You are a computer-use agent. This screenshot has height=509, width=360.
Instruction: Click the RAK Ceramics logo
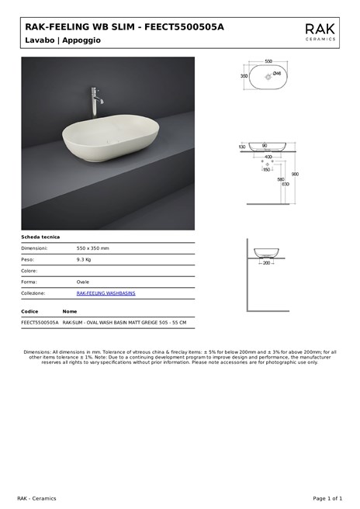pos(320,32)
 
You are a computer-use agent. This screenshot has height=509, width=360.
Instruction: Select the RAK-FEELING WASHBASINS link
pos(106,293)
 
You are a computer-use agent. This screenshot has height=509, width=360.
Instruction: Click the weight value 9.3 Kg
pos(84,259)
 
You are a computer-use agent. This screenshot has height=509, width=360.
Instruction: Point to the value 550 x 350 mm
pos(92,248)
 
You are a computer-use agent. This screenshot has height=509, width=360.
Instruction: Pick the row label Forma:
pos(29,282)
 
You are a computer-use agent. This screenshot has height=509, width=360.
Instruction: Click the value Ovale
pos(82,282)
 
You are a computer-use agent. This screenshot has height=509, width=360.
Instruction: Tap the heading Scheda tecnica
pos(40,237)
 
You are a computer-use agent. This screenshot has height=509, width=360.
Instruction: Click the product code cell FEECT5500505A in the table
pos(40,321)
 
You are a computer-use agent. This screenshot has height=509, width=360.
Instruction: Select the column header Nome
pos(70,311)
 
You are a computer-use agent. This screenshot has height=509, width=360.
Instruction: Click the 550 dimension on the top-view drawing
pos(268,61)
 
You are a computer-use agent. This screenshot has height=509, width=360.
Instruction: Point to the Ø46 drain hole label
pos(277,73)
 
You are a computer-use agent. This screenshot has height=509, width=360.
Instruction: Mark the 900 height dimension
pos(295,174)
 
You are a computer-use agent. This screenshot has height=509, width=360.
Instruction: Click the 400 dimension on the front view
pos(268,157)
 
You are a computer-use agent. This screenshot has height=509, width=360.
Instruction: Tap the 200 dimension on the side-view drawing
pos(267,263)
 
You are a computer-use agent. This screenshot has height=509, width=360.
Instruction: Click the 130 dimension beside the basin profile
pos(242,147)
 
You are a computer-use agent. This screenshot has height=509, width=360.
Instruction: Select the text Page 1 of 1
pos(327,497)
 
